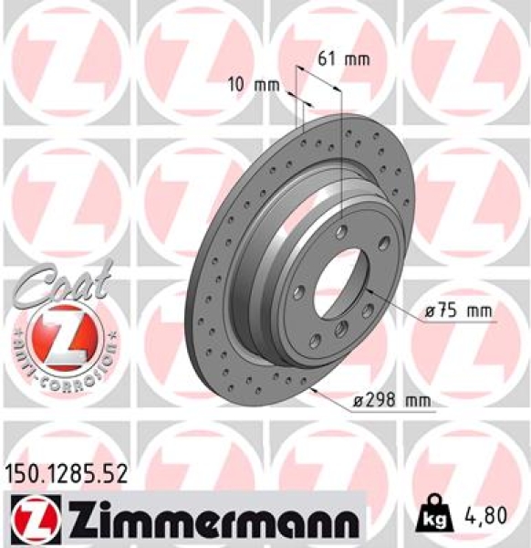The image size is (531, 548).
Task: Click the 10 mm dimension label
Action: [252, 85]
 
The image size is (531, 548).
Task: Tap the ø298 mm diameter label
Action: [392, 400]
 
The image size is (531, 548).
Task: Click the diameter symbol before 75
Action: [430, 311]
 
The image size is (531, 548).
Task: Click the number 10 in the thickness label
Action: [235, 85]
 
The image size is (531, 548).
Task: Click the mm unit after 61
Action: [356, 60]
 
